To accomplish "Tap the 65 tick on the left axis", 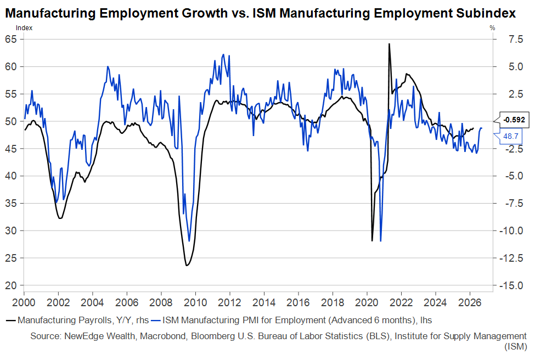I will (11, 39).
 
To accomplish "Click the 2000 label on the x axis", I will (24, 302).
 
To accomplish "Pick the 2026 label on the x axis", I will (469, 302).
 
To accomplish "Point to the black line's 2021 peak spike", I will (389, 44).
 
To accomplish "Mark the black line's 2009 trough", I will (187, 266).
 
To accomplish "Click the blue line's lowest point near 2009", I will (189, 240).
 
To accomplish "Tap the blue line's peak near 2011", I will (223, 55).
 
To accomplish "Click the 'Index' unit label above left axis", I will (24, 27).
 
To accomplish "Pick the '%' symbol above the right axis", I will (492, 27).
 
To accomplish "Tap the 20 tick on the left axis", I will (11, 285).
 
